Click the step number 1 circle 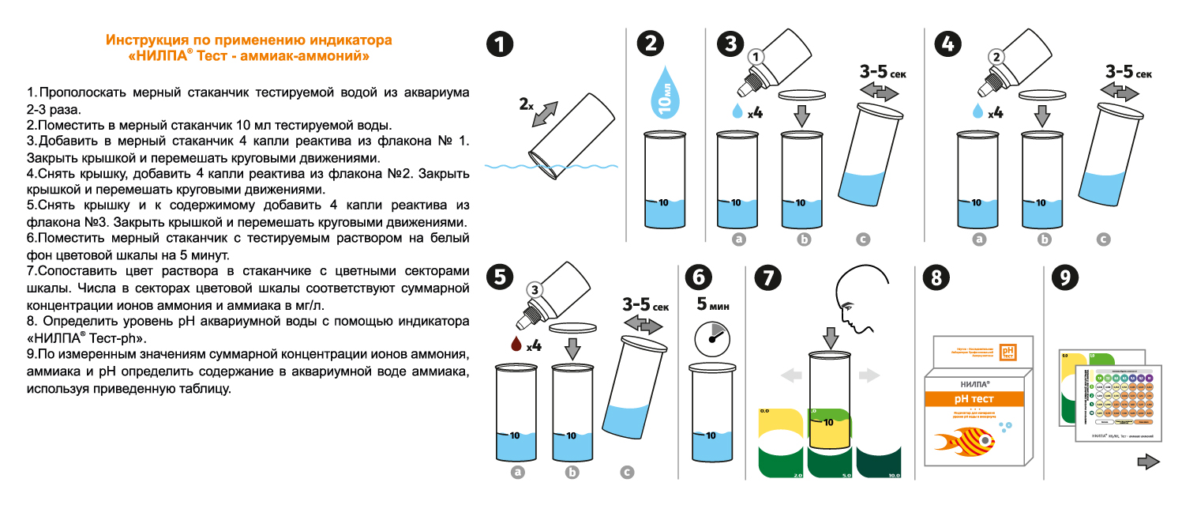[x=499, y=44]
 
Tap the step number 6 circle [x=698, y=277]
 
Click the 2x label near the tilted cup [x=527, y=104]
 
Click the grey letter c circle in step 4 [x=1104, y=239]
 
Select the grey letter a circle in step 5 [x=519, y=472]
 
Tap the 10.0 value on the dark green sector [x=894, y=475]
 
